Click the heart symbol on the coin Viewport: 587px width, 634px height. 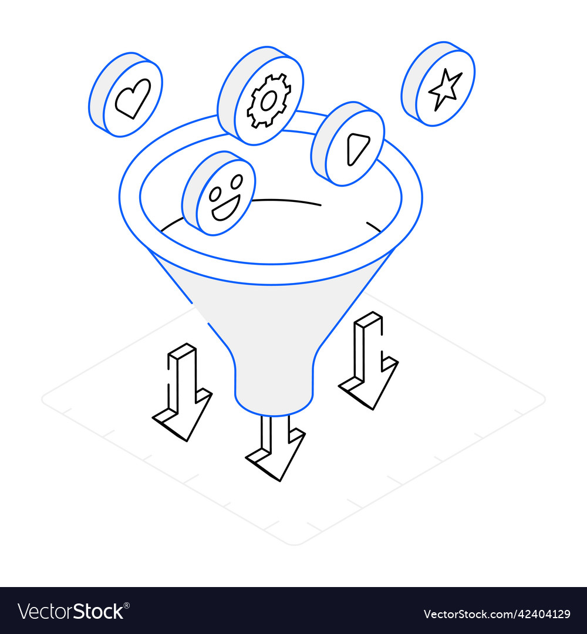pos(133,98)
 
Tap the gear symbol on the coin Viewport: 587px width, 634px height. pos(269,100)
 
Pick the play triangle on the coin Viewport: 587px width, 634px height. pos(357,147)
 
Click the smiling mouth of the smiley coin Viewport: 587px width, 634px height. pos(225,208)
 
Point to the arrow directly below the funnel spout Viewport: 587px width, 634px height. pos(275,449)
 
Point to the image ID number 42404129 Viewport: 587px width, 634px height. pos(539,615)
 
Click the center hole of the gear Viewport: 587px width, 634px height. pos(269,101)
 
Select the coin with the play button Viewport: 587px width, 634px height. pos(348,143)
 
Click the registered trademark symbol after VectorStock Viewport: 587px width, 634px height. pos(127,605)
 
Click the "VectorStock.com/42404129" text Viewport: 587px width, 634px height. pos(497,615)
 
